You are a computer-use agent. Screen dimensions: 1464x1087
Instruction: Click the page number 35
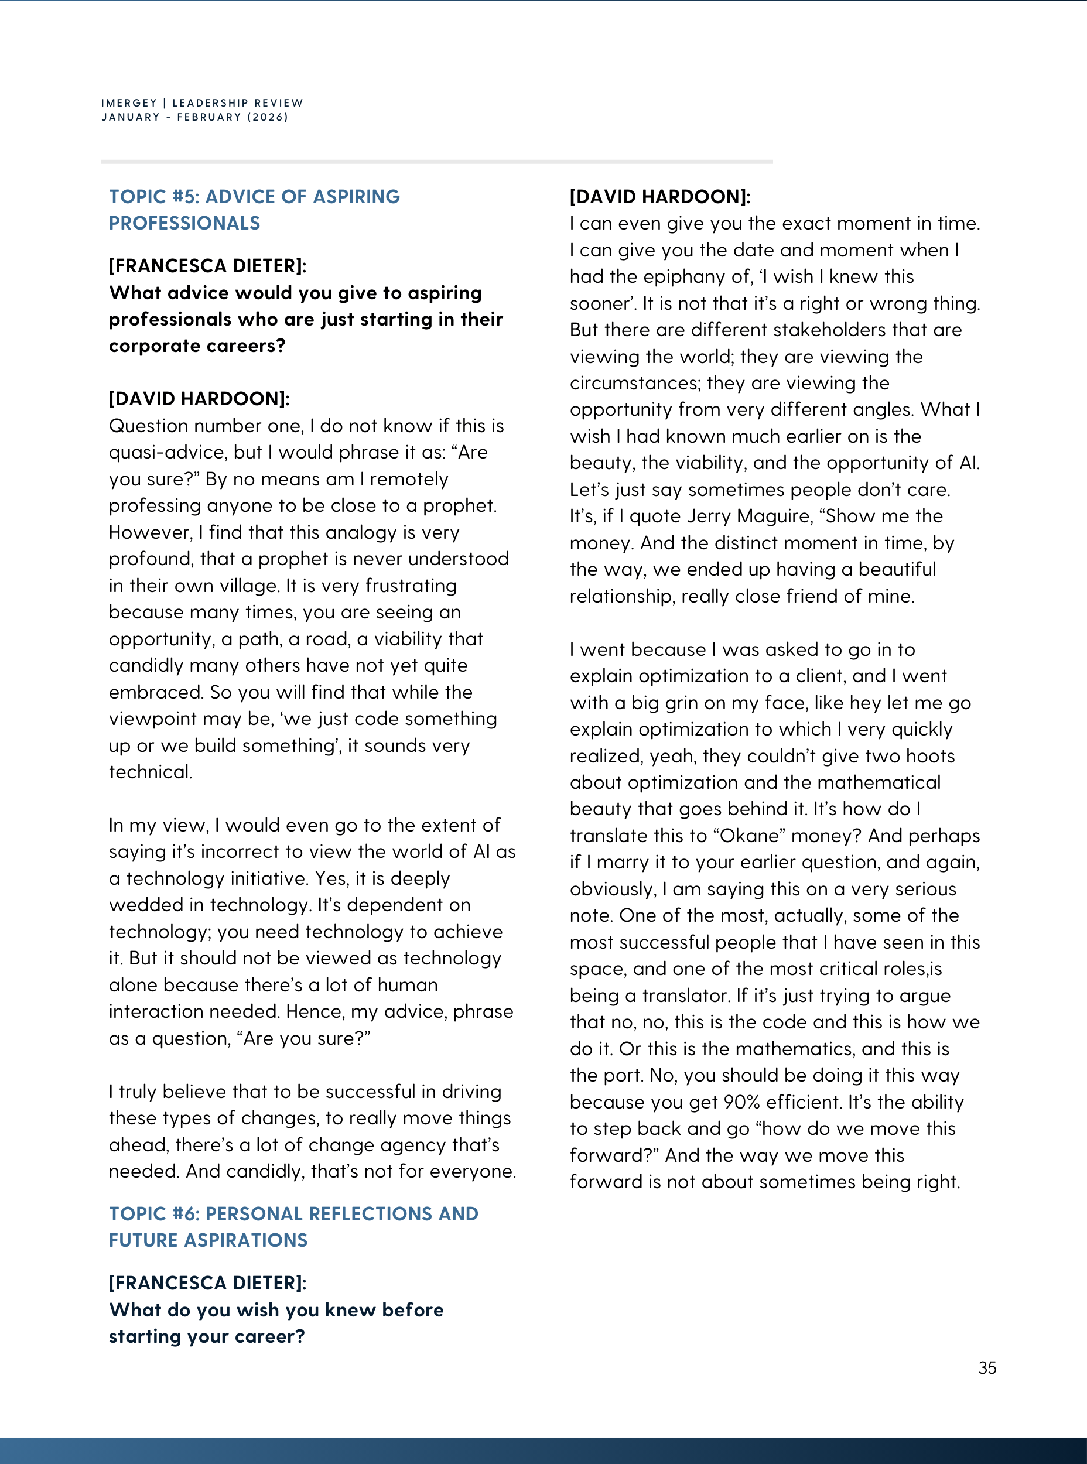click(987, 1368)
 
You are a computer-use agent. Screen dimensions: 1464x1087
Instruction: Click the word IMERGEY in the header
click(129, 102)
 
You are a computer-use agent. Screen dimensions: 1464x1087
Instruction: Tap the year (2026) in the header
click(268, 117)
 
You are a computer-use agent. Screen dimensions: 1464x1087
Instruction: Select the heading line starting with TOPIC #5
click(254, 197)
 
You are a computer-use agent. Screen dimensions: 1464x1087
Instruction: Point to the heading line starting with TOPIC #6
click(293, 1213)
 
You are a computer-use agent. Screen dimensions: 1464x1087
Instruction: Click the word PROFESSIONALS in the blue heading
click(184, 223)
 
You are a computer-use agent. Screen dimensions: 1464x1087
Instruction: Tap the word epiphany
click(684, 276)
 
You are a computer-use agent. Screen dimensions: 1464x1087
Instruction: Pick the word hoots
click(929, 756)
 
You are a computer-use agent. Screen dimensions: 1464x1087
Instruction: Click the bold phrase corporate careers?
click(197, 346)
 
